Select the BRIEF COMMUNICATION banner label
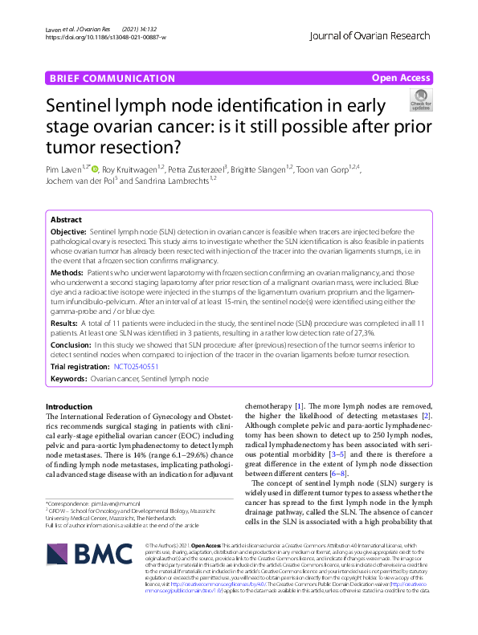111,78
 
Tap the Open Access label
401,78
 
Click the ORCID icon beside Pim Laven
96,169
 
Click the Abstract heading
66,219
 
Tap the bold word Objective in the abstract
68,230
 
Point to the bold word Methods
67,274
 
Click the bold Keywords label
68,377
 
